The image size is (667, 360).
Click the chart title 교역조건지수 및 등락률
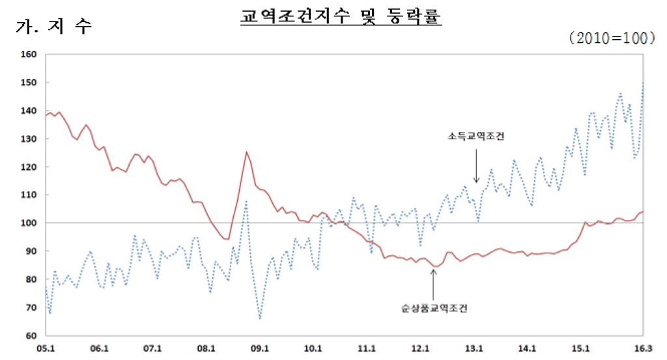coord(341,16)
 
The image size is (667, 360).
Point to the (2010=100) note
coord(612,39)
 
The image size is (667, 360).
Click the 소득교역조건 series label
coord(477,137)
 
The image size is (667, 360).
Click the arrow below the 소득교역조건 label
coord(476,165)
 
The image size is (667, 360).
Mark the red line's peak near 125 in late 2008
coord(246,152)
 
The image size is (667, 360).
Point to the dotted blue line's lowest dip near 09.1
coord(260,318)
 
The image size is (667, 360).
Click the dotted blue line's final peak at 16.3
coord(643,83)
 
